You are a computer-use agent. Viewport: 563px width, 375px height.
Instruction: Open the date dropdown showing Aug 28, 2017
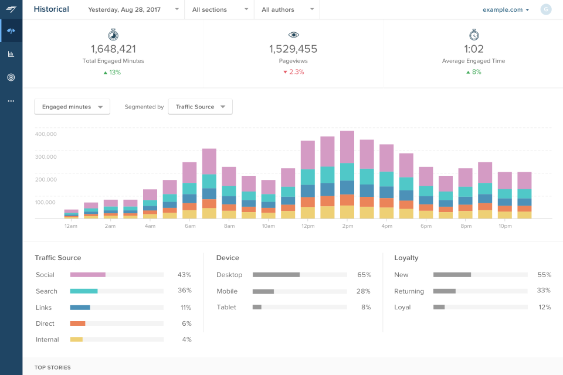[133, 9]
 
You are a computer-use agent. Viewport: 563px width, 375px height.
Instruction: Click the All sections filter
[219, 9]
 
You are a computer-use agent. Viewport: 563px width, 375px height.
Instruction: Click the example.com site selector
[506, 9]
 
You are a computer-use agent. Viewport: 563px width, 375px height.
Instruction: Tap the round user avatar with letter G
[546, 9]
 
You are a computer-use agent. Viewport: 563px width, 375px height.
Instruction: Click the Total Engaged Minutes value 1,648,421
[113, 49]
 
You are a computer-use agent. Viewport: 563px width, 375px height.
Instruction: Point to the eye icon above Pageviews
[293, 35]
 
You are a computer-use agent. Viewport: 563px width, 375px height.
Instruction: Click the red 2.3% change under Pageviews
[293, 72]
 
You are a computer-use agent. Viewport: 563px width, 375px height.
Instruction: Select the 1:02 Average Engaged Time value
[473, 49]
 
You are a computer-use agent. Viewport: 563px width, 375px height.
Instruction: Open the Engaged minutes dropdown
[72, 107]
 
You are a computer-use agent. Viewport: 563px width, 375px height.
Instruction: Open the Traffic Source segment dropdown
[200, 107]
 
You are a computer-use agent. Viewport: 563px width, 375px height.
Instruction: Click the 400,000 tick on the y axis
[46, 134]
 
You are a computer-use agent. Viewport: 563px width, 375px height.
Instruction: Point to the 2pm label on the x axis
[347, 226]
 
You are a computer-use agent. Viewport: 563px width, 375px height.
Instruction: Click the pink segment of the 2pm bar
[347, 146]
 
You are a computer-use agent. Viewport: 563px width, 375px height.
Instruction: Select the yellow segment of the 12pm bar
[308, 213]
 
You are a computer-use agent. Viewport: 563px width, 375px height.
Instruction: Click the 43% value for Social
[184, 275]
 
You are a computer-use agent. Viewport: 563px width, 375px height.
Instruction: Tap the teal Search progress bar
[84, 291]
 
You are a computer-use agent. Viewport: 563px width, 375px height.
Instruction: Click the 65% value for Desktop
[364, 275]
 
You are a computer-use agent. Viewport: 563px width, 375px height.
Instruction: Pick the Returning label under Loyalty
[409, 291]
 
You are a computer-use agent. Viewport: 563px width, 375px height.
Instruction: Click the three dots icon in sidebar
[11, 101]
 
